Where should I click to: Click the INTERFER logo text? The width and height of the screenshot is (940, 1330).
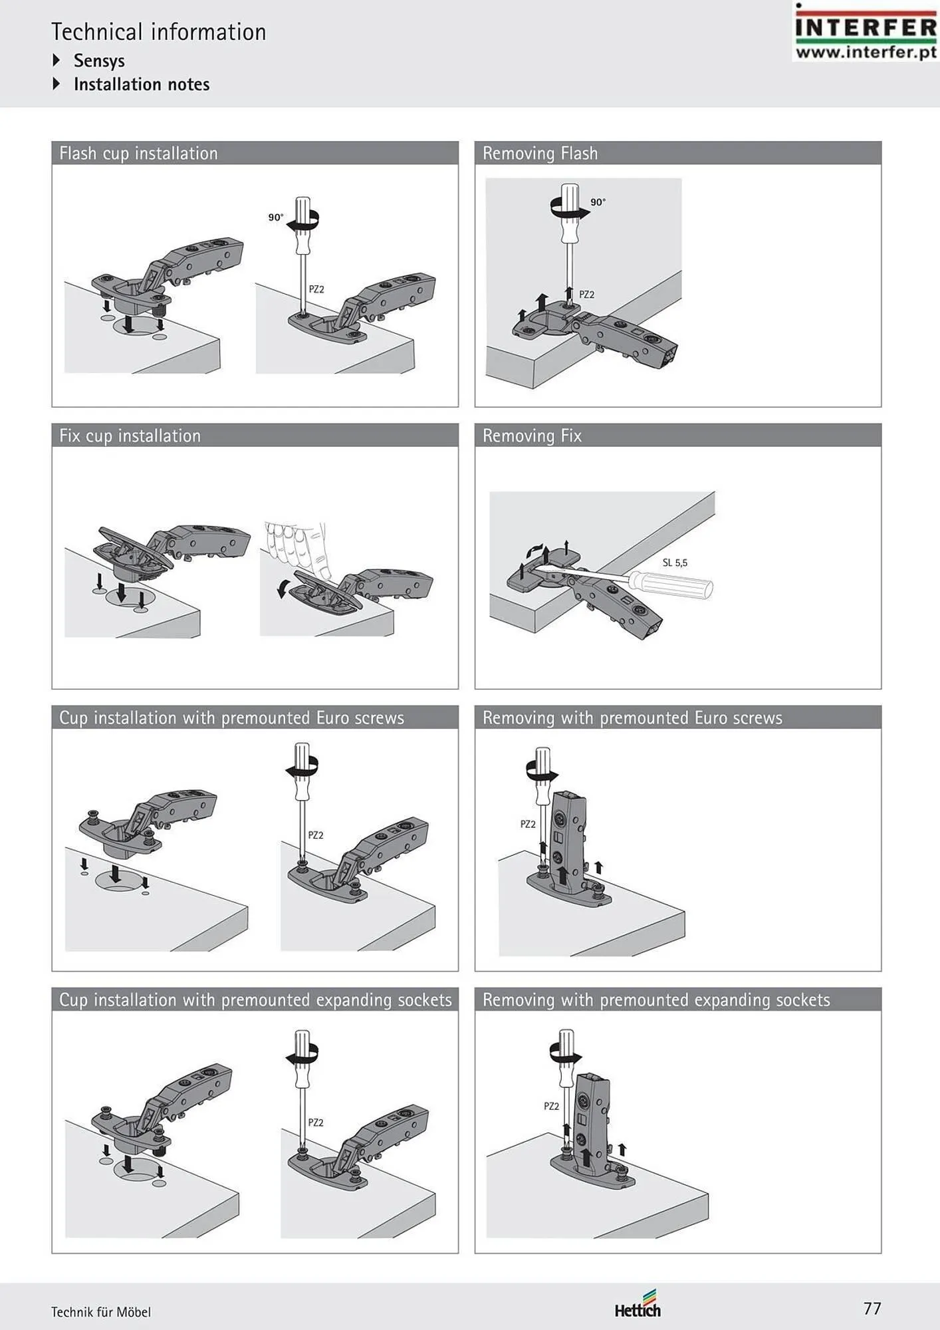pos(866,28)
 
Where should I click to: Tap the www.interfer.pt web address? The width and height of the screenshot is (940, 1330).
pos(866,52)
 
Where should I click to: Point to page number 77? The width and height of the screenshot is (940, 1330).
pos(872,1309)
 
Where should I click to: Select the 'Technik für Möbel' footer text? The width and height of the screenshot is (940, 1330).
pos(101,1312)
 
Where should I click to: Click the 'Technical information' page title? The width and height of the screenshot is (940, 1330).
pos(159,32)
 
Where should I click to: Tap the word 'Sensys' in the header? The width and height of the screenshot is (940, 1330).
pos(99,61)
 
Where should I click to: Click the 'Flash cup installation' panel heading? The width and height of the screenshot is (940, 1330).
pos(138,154)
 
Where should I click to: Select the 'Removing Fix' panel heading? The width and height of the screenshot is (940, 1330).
pos(532,436)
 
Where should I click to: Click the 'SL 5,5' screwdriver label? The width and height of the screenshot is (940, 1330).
pos(675,563)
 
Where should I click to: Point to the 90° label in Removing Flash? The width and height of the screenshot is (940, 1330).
pos(598,202)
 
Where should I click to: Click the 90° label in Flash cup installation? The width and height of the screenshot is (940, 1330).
pos(276,217)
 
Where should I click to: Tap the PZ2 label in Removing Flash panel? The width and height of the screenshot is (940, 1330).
pos(586,295)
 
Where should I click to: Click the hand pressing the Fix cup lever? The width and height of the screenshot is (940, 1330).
pos(297,548)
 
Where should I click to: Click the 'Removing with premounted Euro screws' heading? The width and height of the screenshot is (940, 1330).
pos(632,718)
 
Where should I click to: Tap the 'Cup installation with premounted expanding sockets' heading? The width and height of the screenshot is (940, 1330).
pos(255,1000)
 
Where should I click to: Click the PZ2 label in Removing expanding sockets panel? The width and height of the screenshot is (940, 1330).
pos(551,1107)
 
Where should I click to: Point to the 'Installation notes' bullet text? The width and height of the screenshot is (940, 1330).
pos(142,84)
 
